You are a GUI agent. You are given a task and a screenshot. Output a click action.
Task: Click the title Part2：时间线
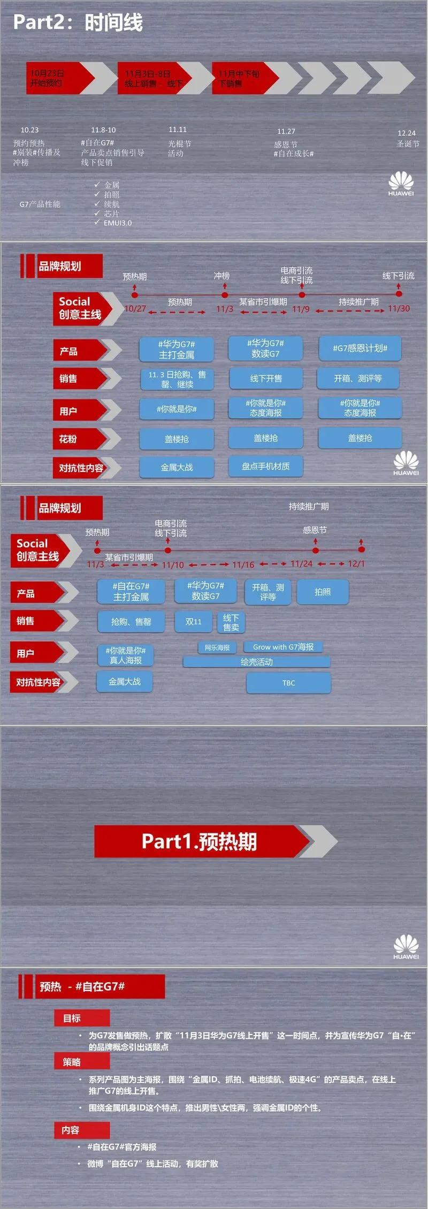[78, 23]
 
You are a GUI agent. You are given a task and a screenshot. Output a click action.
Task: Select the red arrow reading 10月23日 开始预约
[59, 78]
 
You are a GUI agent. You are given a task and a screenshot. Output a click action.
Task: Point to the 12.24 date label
[406, 133]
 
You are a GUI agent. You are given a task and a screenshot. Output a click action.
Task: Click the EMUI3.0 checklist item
[117, 223]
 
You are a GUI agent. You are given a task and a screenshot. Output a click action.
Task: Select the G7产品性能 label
[40, 204]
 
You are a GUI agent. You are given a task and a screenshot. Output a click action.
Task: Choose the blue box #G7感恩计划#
[360, 348]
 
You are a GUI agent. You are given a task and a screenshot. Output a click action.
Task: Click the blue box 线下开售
[265, 378]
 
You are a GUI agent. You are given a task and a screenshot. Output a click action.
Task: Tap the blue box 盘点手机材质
[265, 467]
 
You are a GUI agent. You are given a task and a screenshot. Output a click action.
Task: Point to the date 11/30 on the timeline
[399, 309]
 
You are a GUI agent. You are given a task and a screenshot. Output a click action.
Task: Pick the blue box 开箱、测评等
[358, 378]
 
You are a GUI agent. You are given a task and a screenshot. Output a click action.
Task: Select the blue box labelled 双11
[193, 622]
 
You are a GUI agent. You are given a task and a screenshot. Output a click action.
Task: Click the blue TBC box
[288, 683]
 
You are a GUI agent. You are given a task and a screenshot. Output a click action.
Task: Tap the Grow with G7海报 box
[283, 647]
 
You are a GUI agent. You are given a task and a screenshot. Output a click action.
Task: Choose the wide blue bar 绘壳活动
[256, 662]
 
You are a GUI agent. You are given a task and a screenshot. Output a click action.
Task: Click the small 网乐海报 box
[217, 648]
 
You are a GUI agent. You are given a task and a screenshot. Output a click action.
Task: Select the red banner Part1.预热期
[199, 841]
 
